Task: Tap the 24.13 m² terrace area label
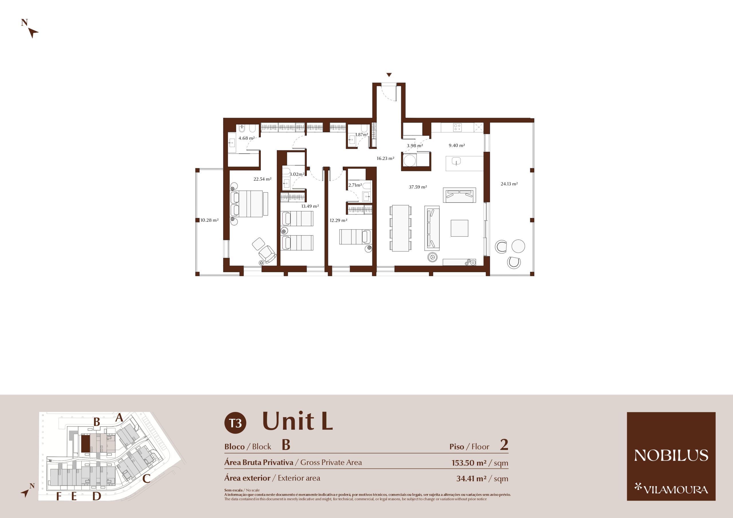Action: coord(509,184)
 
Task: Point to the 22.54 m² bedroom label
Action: coord(263,179)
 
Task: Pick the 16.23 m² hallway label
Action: coord(385,158)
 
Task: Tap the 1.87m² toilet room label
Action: coord(362,135)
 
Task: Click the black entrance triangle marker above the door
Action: coord(389,75)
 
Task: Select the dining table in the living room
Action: coord(400,228)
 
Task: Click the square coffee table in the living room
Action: coord(459,228)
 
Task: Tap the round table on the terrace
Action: coord(518,246)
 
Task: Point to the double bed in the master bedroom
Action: coord(249,204)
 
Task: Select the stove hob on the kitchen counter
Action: coord(457,127)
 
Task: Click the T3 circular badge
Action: coord(235,423)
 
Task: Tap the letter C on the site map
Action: coord(146,479)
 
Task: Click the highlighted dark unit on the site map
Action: coord(85,443)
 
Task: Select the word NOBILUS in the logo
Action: coord(671,455)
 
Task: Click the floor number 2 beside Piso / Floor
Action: coord(504,445)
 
